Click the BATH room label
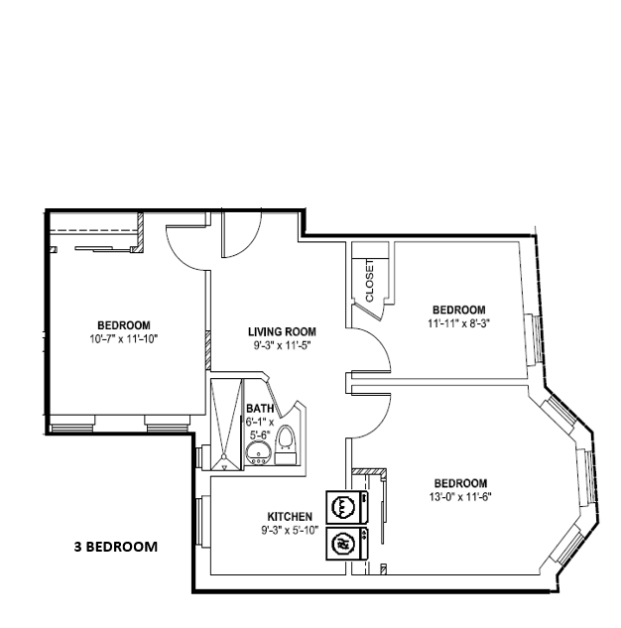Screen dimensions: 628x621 [260, 408]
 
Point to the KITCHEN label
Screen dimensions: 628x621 [291, 517]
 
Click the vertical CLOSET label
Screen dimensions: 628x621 [369, 281]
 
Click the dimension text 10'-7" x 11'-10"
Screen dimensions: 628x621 [124, 338]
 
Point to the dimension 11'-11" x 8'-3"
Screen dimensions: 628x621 [459, 322]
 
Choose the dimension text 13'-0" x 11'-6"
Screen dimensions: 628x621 [459, 497]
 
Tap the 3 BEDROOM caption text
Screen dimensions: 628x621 [116, 546]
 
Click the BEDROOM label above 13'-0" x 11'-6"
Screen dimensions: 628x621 [459, 484]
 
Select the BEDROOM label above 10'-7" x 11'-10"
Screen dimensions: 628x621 [124, 325]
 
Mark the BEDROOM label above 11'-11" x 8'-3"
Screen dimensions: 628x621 [459, 310]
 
